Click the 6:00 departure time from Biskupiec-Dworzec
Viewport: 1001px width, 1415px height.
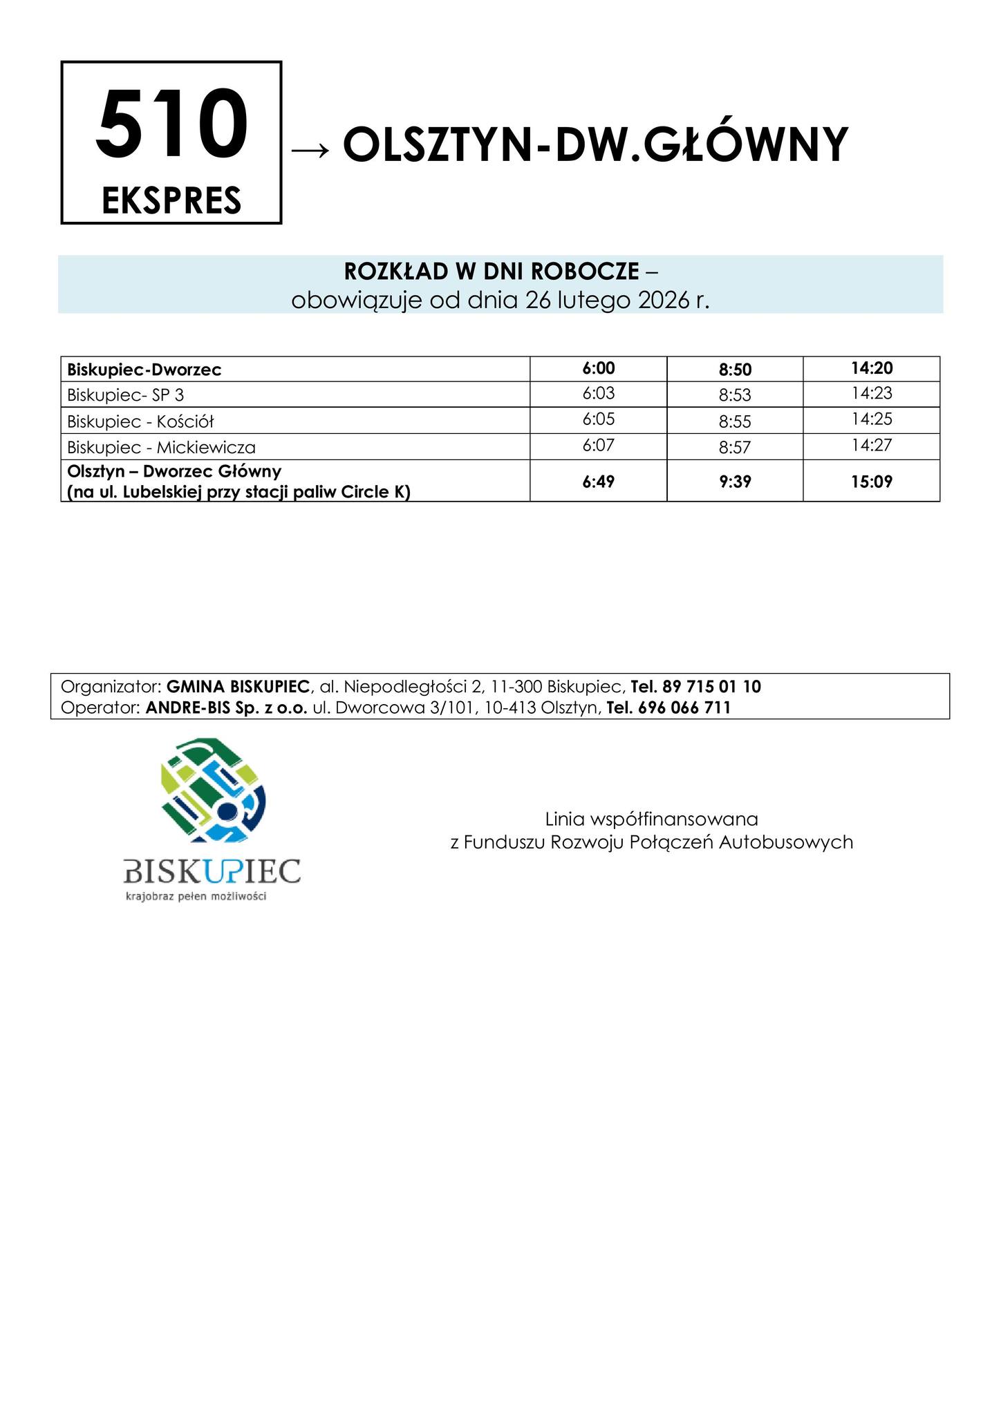click(598, 369)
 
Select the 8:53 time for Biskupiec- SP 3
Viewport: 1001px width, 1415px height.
click(735, 395)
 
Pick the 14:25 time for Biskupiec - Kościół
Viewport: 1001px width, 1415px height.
click(872, 419)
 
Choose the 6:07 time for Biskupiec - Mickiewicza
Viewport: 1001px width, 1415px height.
click(598, 446)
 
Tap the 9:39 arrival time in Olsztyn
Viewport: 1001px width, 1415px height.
click(735, 481)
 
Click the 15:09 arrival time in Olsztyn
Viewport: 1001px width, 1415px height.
click(872, 481)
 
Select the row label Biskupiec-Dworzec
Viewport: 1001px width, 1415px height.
click(144, 370)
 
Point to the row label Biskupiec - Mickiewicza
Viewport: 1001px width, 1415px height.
click(162, 448)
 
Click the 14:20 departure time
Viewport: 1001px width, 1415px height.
click(872, 368)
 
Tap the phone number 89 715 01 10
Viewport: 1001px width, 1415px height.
click(711, 687)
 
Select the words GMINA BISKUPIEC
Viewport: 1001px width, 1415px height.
click(238, 687)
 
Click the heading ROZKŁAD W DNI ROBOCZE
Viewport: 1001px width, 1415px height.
click(492, 272)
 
